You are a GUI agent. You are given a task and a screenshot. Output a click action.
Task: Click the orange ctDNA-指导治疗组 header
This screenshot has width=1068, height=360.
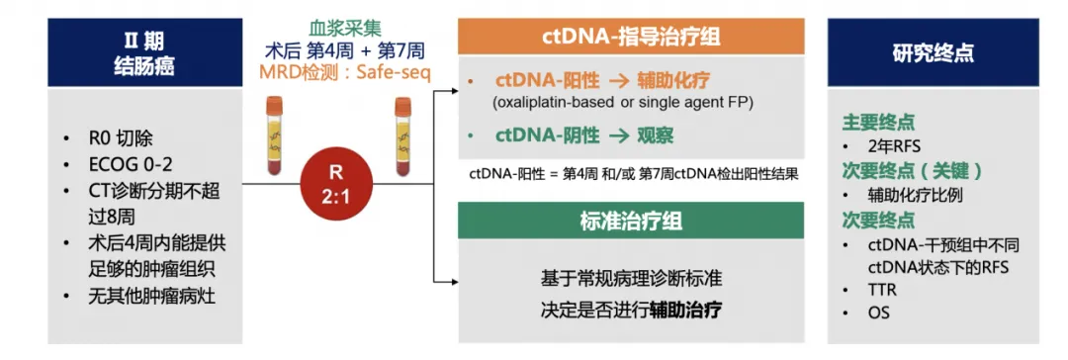[629, 38]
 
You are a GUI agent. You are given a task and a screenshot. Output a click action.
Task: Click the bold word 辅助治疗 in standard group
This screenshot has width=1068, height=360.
[685, 310]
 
